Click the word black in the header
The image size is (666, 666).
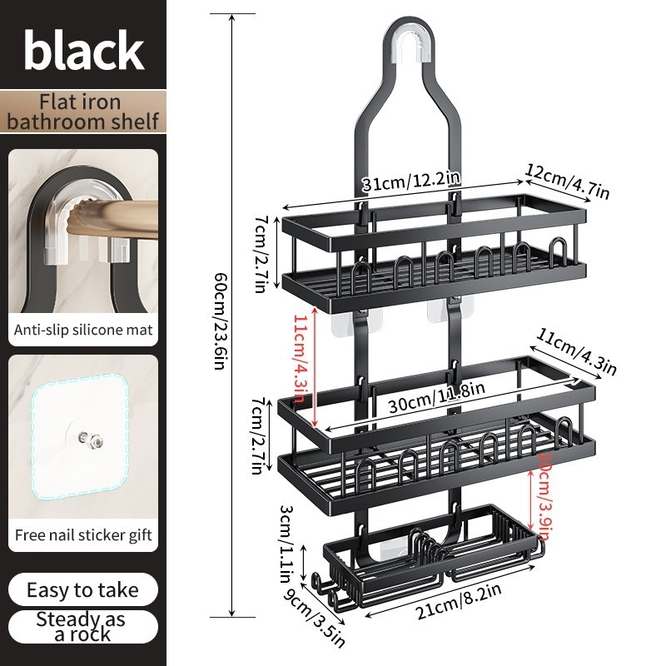click(84, 50)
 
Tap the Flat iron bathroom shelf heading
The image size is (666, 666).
click(82, 112)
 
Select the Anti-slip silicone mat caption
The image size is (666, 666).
click(83, 330)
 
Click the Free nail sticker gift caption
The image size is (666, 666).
click(83, 534)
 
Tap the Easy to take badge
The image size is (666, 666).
click(82, 590)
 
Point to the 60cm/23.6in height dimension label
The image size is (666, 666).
click(221, 321)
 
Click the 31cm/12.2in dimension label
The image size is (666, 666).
click(411, 181)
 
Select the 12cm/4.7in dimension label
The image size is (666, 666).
click(568, 181)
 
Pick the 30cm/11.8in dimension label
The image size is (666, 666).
click(436, 397)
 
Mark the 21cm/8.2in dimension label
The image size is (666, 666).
click(459, 601)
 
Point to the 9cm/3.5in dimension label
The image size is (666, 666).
click(315, 618)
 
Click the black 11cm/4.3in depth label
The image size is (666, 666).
click(576, 352)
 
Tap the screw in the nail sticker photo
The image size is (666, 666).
click(90, 440)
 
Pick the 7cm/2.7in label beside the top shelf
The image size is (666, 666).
click(261, 254)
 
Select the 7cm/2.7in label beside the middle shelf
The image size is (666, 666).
click(258, 435)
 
